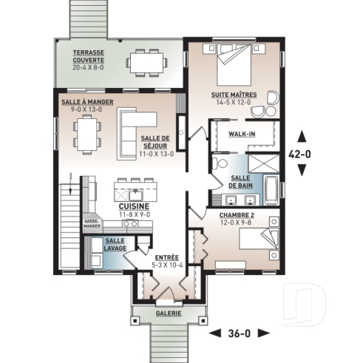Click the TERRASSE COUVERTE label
pos(89,56)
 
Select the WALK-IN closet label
pos(242,135)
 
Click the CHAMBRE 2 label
pos(236,214)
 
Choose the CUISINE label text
pos(135,206)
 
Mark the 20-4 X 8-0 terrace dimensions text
pos(89,67)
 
